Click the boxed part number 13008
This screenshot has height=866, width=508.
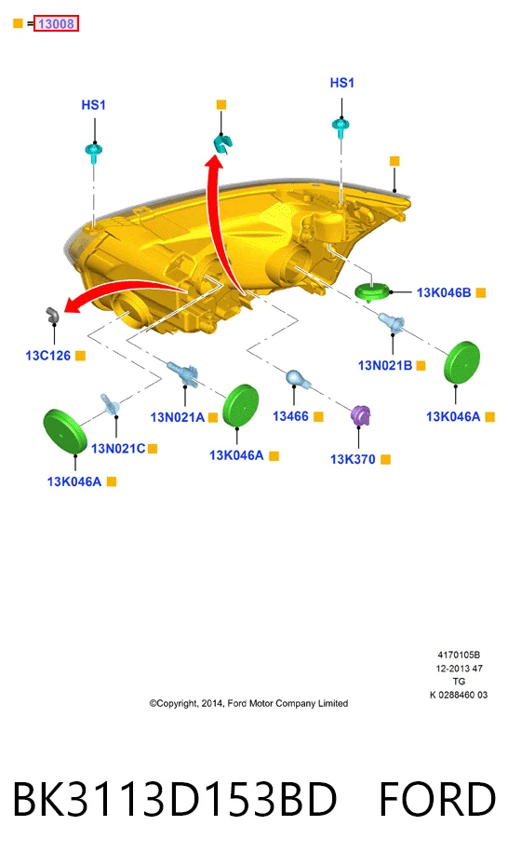(56, 24)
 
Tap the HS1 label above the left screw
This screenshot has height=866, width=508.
(93, 105)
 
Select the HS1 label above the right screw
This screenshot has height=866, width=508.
(342, 83)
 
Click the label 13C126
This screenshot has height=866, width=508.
(48, 356)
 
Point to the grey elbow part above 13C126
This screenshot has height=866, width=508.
(52, 315)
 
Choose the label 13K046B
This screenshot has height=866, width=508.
(444, 292)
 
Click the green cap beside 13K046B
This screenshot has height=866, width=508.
(372, 291)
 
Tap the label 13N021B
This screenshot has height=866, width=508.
(385, 365)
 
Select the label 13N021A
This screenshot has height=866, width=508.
(178, 417)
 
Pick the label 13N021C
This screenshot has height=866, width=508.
(118, 448)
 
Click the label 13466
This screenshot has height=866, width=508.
(290, 416)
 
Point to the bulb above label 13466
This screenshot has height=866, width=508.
(295, 378)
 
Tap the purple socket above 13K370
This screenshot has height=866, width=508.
(361, 415)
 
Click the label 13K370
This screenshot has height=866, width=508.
(353, 459)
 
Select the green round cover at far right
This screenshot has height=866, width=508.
(461, 361)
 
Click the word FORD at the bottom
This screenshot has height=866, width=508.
(437, 799)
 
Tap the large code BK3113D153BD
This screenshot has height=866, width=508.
(174, 799)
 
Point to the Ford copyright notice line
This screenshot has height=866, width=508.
(248, 703)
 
